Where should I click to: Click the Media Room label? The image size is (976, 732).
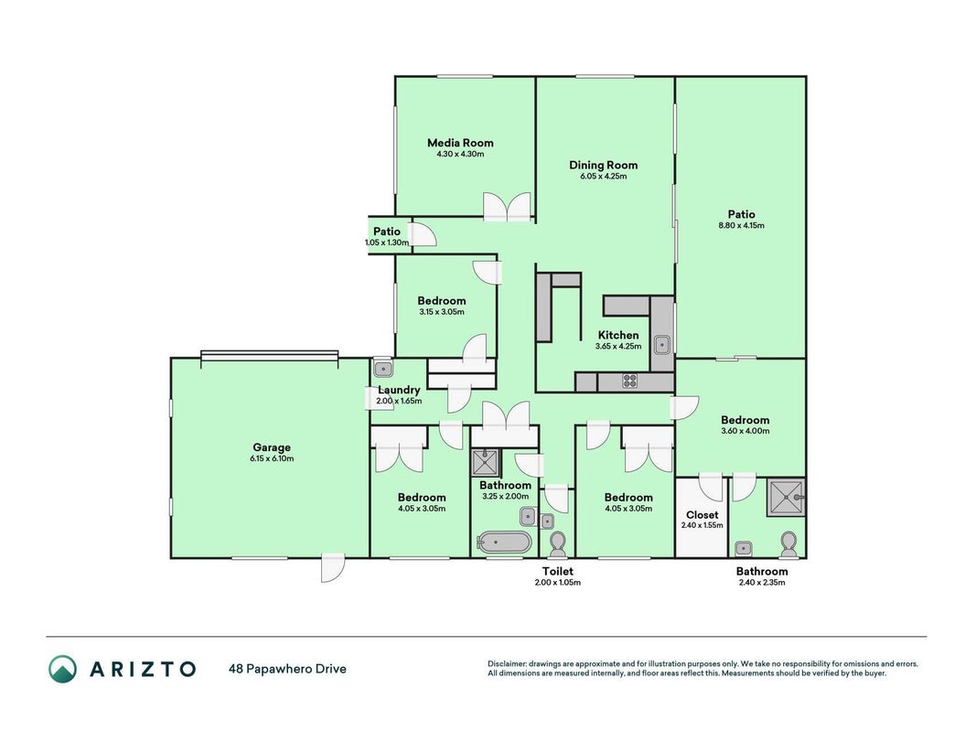[x=460, y=143]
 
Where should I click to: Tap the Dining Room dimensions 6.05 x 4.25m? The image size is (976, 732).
[x=603, y=177]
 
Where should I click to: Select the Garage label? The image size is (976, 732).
[x=272, y=447]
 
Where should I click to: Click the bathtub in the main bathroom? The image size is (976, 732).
[x=504, y=543]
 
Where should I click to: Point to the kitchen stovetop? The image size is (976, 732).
[x=630, y=381]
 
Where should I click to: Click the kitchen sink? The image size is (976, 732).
[x=661, y=344]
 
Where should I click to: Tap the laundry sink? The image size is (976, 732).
[x=382, y=369]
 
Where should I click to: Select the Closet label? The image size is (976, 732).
[x=702, y=515]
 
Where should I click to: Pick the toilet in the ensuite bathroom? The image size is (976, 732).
[x=788, y=544]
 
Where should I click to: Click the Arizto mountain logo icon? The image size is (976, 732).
[x=63, y=669]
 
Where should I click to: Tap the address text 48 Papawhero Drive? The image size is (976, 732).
[x=287, y=669]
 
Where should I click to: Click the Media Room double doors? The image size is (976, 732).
[x=508, y=207]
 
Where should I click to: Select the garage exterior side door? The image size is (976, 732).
[x=332, y=567]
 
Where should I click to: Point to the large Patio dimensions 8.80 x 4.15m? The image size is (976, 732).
[x=741, y=226]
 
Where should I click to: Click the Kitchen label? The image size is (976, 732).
[x=618, y=336]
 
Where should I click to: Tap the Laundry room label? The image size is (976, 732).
[x=399, y=391]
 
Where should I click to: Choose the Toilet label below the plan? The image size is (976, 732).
[x=558, y=571]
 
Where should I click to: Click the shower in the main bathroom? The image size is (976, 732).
[x=485, y=462]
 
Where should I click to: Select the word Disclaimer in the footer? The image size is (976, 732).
[x=507, y=664]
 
